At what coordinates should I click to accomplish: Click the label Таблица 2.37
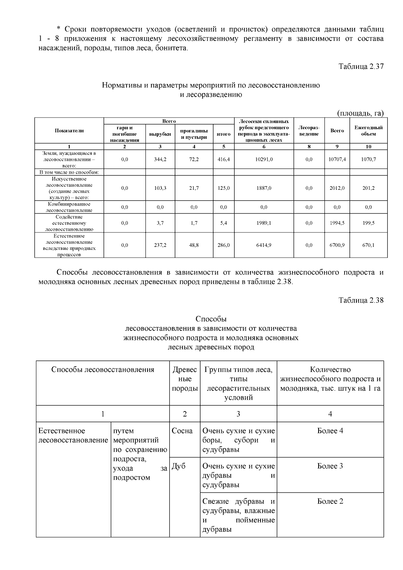coord(361,67)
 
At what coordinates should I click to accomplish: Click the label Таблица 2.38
coord(361,300)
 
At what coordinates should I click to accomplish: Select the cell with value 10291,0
coord(264,160)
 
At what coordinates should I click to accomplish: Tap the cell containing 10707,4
coord(337,160)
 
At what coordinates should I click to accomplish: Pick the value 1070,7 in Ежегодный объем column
coord(368,160)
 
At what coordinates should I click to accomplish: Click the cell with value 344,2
coord(160,160)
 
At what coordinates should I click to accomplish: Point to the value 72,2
coord(194,160)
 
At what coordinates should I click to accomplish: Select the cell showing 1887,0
coord(264,188)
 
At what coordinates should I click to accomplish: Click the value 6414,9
coord(264,246)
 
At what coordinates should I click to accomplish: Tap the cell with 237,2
coord(160,246)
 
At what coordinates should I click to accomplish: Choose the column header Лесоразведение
coord(309,131)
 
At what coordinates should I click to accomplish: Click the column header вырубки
coord(160,134)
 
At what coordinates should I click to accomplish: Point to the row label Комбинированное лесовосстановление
coord(69,207)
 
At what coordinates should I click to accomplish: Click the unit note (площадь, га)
coord(360,113)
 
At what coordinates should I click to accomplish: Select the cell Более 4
coord(330,431)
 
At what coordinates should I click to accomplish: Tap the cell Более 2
coord(330,501)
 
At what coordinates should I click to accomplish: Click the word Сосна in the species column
coord(182,431)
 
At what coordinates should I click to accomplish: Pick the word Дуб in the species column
coord(178,466)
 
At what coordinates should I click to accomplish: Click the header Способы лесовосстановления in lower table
coord(103,370)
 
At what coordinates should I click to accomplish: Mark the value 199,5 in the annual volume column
coord(368,223)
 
